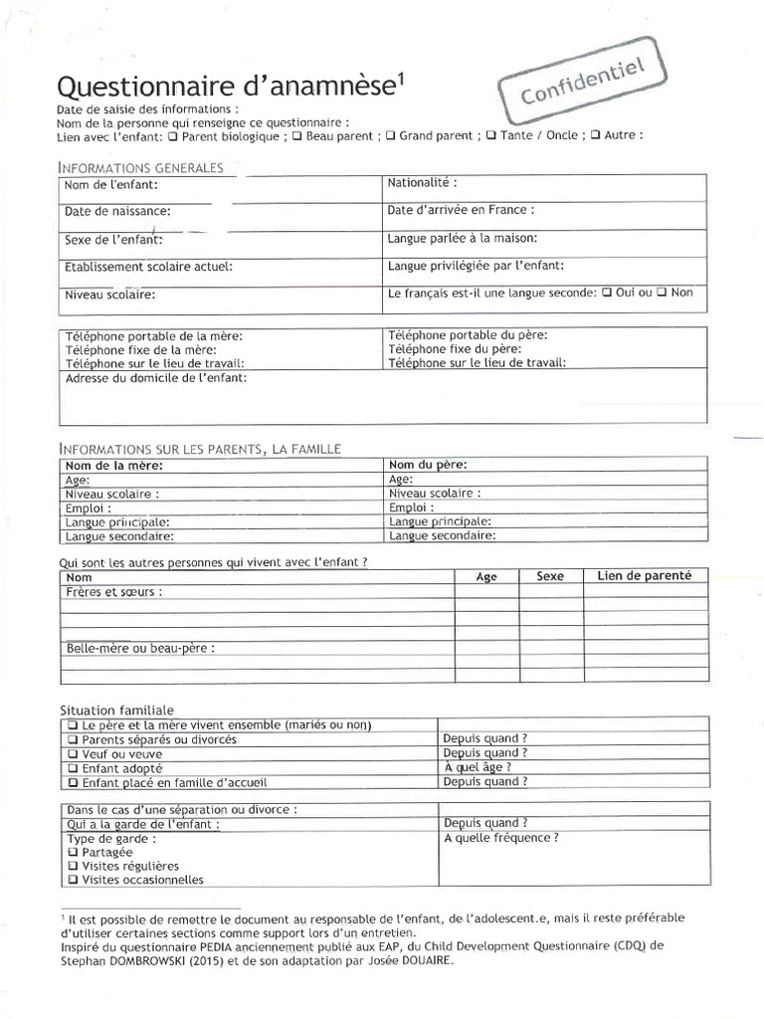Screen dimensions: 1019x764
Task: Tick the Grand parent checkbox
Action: pyautogui.click(x=390, y=136)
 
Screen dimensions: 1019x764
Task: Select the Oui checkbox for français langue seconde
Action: pyautogui.click(x=607, y=293)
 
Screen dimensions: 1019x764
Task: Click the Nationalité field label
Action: pyautogui.click(x=422, y=183)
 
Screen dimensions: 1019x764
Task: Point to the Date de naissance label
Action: pyautogui.click(x=117, y=211)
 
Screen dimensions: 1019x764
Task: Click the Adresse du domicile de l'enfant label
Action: pyautogui.click(x=156, y=378)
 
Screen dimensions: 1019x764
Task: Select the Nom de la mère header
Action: pyautogui.click(x=113, y=465)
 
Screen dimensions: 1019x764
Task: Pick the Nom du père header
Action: pyautogui.click(x=428, y=465)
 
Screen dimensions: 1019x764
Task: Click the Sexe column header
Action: pyautogui.click(x=550, y=576)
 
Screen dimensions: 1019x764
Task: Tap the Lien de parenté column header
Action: pyautogui.click(x=645, y=576)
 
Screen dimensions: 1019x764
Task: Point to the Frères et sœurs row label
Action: pyautogui.click(x=113, y=591)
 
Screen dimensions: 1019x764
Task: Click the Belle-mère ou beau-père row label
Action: pyautogui.click(x=139, y=648)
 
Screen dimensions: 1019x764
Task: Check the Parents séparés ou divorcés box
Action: pyautogui.click(x=72, y=740)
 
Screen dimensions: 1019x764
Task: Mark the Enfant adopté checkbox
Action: pyautogui.click(x=72, y=768)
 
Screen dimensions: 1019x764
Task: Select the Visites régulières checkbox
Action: pyautogui.click(x=72, y=866)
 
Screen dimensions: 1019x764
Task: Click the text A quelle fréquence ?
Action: pyautogui.click(x=500, y=838)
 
